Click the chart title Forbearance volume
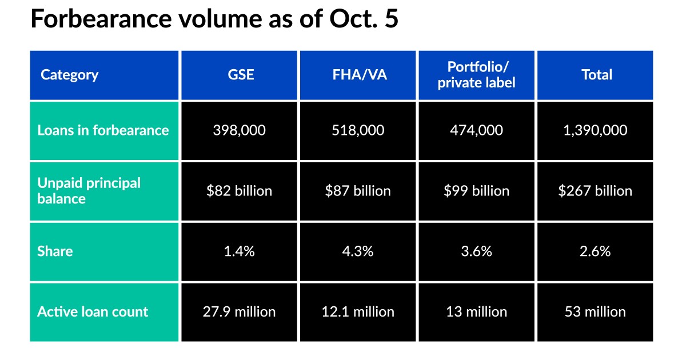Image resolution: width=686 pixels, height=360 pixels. coord(214,19)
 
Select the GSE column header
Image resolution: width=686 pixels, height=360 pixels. coord(239,75)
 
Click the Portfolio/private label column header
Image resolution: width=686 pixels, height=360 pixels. coord(477,75)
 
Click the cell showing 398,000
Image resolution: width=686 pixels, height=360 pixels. coord(239,130)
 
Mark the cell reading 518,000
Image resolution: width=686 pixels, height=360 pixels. coord(358,130)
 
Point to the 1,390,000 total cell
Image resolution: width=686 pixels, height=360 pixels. coord(595,130)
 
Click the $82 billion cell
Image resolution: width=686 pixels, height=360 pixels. coord(239,191)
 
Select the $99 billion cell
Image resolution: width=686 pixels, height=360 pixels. coord(476,191)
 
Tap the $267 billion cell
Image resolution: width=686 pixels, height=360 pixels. coord(595,191)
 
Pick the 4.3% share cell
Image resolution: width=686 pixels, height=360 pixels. coord(358,251)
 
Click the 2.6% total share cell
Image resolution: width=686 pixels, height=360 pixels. coord(595,251)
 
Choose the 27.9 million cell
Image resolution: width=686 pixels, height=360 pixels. coord(239,312)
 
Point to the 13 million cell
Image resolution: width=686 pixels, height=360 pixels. coord(476,312)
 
